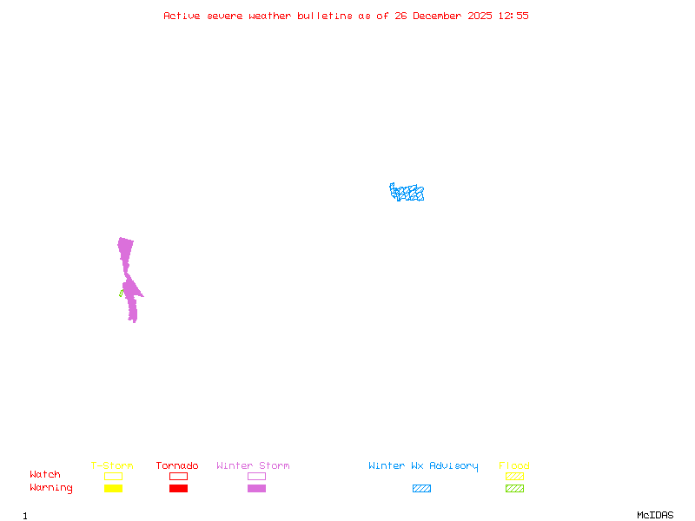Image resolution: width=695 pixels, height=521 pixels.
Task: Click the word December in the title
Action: (437, 16)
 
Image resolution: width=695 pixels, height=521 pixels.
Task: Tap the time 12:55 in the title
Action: (513, 16)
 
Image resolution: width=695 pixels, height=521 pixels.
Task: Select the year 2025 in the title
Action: (480, 16)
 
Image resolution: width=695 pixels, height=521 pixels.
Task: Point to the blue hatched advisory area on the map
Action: (407, 192)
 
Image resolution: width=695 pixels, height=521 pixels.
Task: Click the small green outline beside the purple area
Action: (122, 293)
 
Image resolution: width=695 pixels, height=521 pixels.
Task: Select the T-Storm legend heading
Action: (112, 465)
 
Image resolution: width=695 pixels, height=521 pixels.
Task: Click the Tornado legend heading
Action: (177, 465)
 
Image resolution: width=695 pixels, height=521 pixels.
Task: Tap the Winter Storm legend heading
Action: (253, 465)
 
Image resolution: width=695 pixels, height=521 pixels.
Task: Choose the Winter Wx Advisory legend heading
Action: (423, 466)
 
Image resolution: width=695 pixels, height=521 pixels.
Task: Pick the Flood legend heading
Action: (514, 465)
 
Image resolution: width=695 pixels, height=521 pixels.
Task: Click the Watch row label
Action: (45, 474)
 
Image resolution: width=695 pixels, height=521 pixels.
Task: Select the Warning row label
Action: (51, 488)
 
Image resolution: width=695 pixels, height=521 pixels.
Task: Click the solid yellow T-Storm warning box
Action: (114, 488)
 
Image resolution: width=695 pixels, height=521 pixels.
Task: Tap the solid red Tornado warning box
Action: (179, 488)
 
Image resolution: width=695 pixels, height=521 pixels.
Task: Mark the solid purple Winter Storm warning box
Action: (256, 488)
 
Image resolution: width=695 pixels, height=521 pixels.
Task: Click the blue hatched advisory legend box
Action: (421, 488)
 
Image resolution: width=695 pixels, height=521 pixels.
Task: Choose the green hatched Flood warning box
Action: (514, 488)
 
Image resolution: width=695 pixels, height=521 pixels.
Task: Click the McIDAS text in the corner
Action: (655, 515)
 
